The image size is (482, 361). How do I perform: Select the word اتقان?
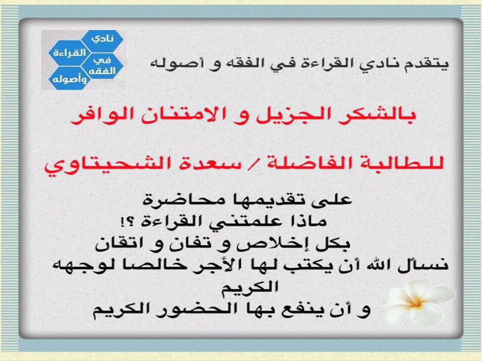tap(123, 244)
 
